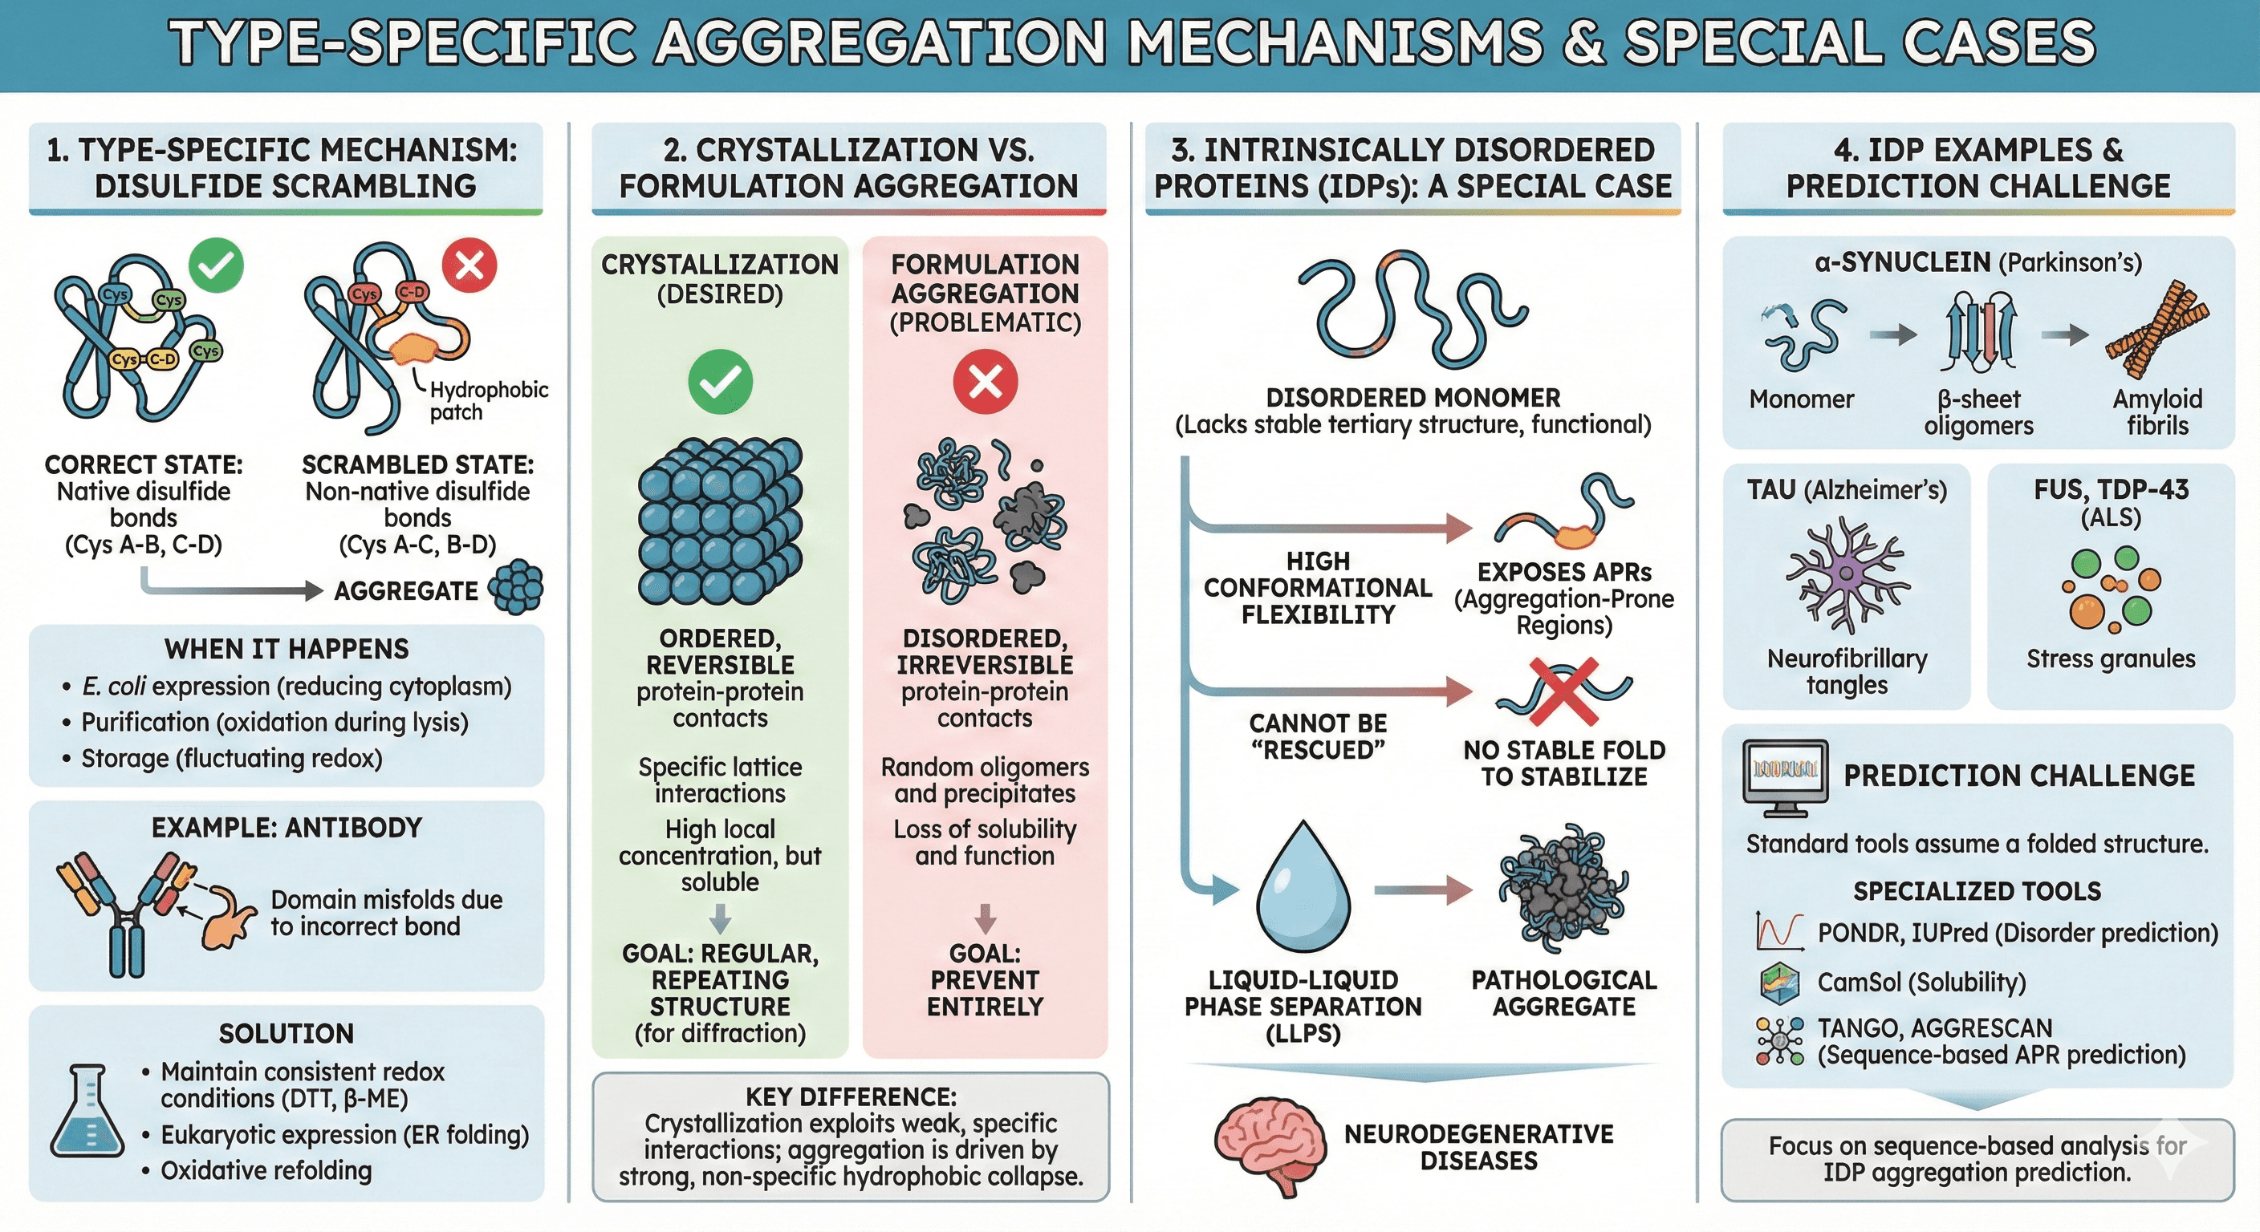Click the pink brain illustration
(x=1270, y=1144)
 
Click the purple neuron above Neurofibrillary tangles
(x=1846, y=574)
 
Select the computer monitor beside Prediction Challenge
(x=1785, y=774)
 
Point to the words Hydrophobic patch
(x=488, y=401)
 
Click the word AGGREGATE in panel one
(x=406, y=591)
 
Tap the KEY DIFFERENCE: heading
(x=850, y=1097)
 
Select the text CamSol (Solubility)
(x=1921, y=982)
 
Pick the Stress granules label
(x=2110, y=659)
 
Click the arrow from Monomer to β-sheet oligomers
(x=1892, y=334)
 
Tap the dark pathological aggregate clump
(x=1563, y=890)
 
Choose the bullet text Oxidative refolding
(x=266, y=1170)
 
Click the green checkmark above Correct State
(x=216, y=265)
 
